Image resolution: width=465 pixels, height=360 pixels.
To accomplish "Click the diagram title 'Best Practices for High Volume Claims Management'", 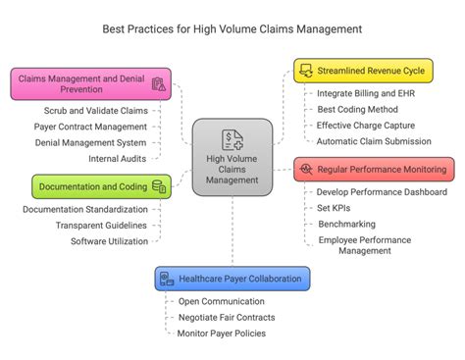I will click(x=232, y=28).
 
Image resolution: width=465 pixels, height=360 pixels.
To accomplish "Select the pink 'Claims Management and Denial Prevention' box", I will click(x=91, y=83).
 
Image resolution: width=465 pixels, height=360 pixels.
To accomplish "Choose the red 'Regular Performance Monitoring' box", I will click(x=374, y=169).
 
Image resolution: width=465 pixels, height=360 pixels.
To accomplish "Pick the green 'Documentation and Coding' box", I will click(x=101, y=185).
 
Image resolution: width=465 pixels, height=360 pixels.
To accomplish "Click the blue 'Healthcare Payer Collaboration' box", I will click(x=232, y=278).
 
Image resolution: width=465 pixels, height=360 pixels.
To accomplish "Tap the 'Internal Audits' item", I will click(x=119, y=157).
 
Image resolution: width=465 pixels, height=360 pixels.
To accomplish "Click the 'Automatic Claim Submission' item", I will click(x=373, y=141).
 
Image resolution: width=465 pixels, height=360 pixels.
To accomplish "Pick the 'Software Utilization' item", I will click(x=109, y=241).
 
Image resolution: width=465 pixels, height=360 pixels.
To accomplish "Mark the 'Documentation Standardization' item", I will click(x=87, y=209).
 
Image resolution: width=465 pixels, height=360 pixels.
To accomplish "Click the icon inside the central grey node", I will click(x=232, y=138).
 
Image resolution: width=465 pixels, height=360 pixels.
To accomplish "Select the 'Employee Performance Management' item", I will click(x=364, y=244).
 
